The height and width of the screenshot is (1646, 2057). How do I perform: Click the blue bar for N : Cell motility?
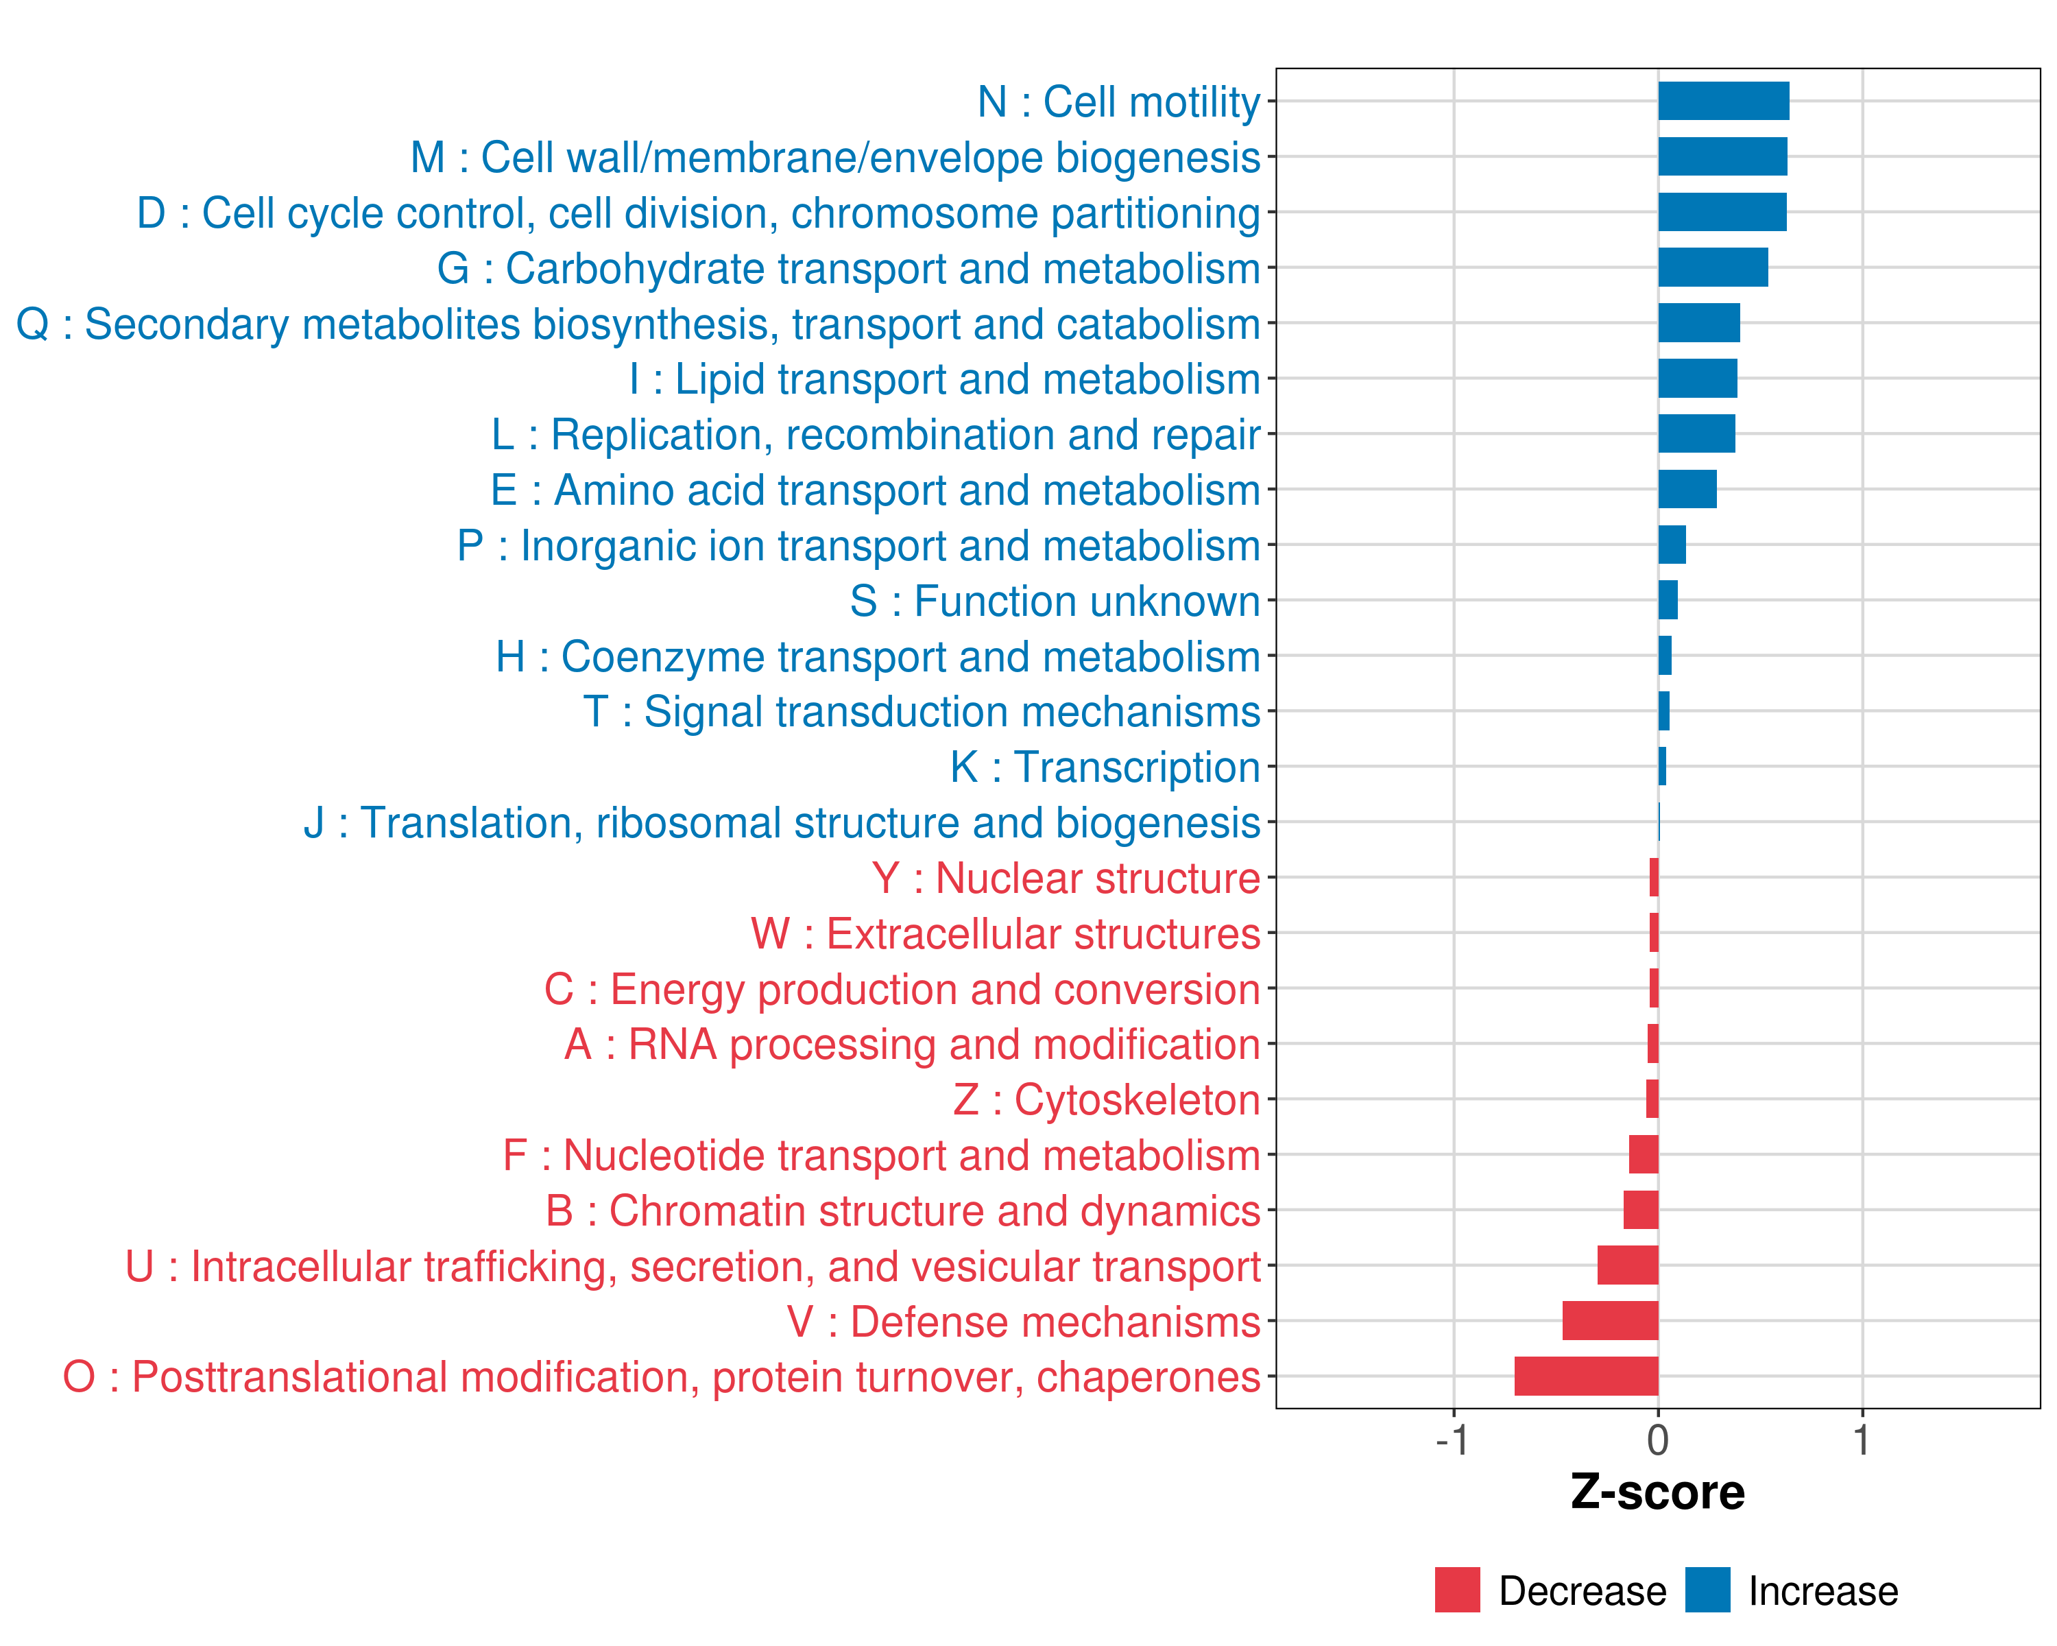(1723, 101)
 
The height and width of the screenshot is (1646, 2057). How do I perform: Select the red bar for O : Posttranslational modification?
(1586, 1376)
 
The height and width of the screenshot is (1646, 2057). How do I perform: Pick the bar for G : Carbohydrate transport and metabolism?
(1713, 267)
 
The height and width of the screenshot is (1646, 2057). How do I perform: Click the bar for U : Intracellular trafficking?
(1628, 1265)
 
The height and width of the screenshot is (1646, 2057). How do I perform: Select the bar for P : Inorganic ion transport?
(1672, 545)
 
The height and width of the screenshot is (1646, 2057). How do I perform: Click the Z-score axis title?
(1657, 1492)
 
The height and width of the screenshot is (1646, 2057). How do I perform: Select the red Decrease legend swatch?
(1457, 1590)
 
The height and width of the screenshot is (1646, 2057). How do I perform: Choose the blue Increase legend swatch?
(1707, 1590)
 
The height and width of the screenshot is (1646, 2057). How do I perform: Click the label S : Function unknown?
(1055, 601)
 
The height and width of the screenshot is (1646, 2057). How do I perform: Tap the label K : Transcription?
(1105, 767)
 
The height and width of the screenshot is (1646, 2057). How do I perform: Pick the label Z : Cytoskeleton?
(1107, 1099)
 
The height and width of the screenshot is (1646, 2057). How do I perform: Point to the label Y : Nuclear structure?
(1066, 878)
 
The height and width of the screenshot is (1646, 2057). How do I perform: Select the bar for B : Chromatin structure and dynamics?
(1641, 1210)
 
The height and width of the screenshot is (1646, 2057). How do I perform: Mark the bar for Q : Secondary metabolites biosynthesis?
(1698, 322)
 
